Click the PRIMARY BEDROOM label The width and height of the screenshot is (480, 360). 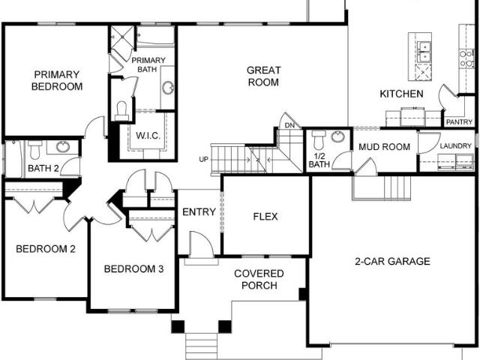(57, 80)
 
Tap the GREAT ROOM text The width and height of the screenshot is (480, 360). (263, 76)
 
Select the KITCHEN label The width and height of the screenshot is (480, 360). (402, 94)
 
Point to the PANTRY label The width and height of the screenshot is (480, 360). (459, 122)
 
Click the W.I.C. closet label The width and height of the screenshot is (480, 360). (148, 135)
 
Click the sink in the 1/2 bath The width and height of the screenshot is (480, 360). (338, 136)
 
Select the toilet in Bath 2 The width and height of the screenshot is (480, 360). (34, 149)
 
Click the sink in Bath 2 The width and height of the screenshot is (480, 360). (63, 147)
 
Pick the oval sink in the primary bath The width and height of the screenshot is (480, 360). (168, 88)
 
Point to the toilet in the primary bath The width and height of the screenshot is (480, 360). (121, 111)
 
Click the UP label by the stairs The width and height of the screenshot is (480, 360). (203, 160)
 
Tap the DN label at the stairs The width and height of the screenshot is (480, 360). (289, 125)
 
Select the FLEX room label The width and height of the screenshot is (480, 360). (265, 217)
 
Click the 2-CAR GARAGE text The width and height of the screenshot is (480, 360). (392, 261)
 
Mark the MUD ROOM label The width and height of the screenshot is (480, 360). (384, 147)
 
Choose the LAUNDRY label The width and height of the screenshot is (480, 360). (455, 146)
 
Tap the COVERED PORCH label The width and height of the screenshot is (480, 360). (259, 279)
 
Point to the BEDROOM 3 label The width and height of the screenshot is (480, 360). (133, 268)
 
